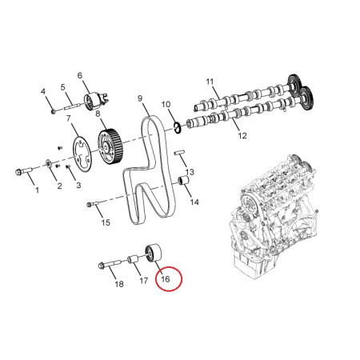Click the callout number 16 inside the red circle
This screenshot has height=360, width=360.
pyautogui.click(x=166, y=279)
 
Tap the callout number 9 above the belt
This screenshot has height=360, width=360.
pyautogui.click(x=140, y=98)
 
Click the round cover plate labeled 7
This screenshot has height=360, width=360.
pyautogui.click(x=83, y=154)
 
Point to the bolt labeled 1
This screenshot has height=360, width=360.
pyautogui.click(x=24, y=171)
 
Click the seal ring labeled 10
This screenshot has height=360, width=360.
pyautogui.click(x=178, y=127)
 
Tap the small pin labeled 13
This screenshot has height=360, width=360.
pyautogui.click(x=179, y=153)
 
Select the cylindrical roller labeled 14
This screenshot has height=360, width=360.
pyautogui.click(x=183, y=181)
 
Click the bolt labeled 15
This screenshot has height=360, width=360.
pyautogui.click(x=93, y=204)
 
